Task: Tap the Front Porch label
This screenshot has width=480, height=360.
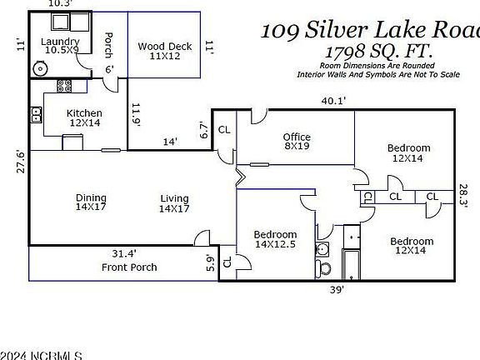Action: tap(129, 267)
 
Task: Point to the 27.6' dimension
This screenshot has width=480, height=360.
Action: tap(12, 162)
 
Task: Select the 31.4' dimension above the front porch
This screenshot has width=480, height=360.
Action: tap(122, 253)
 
